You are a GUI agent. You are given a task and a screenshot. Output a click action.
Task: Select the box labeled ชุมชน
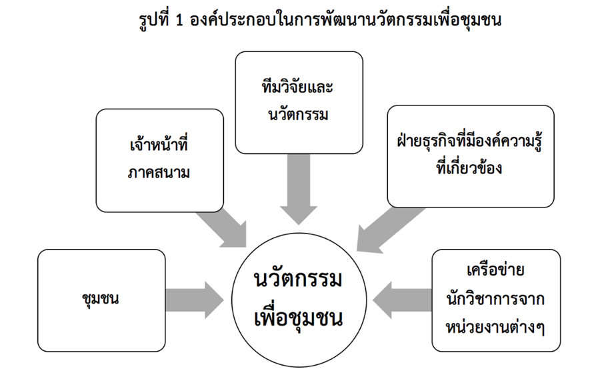(101, 298)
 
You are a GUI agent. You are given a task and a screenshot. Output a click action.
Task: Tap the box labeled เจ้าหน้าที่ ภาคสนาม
(159, 160)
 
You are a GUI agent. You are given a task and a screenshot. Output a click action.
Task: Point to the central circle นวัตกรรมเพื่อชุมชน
(299, 298)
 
